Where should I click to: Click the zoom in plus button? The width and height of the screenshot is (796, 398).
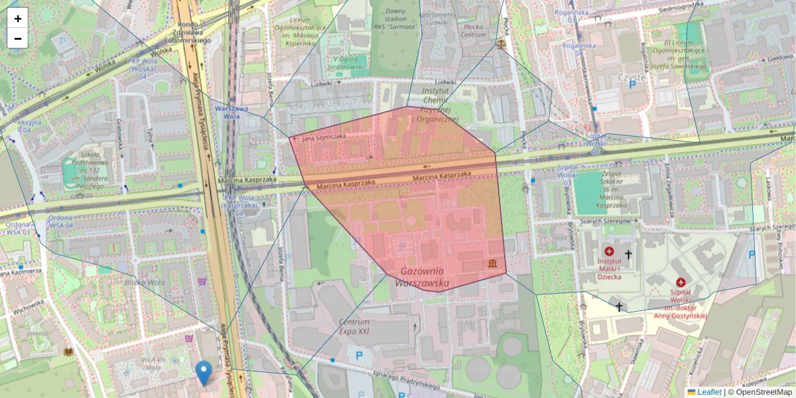(x=18, y=19)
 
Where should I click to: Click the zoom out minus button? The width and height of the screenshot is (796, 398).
(x=18, y=38)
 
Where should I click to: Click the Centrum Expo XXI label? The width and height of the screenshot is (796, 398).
(x=354, y=326)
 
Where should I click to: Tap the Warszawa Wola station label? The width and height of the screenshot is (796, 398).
(x=231, y=112)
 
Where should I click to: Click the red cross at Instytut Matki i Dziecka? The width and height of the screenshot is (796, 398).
(x=609, y=251)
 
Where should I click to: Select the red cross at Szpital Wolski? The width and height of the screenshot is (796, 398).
(x=681, y=283)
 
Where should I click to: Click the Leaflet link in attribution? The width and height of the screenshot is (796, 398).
(x=709, y=392)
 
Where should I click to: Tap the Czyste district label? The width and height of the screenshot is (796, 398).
(x=631, y=77)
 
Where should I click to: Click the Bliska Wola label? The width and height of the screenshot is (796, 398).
(x=149, y=282)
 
